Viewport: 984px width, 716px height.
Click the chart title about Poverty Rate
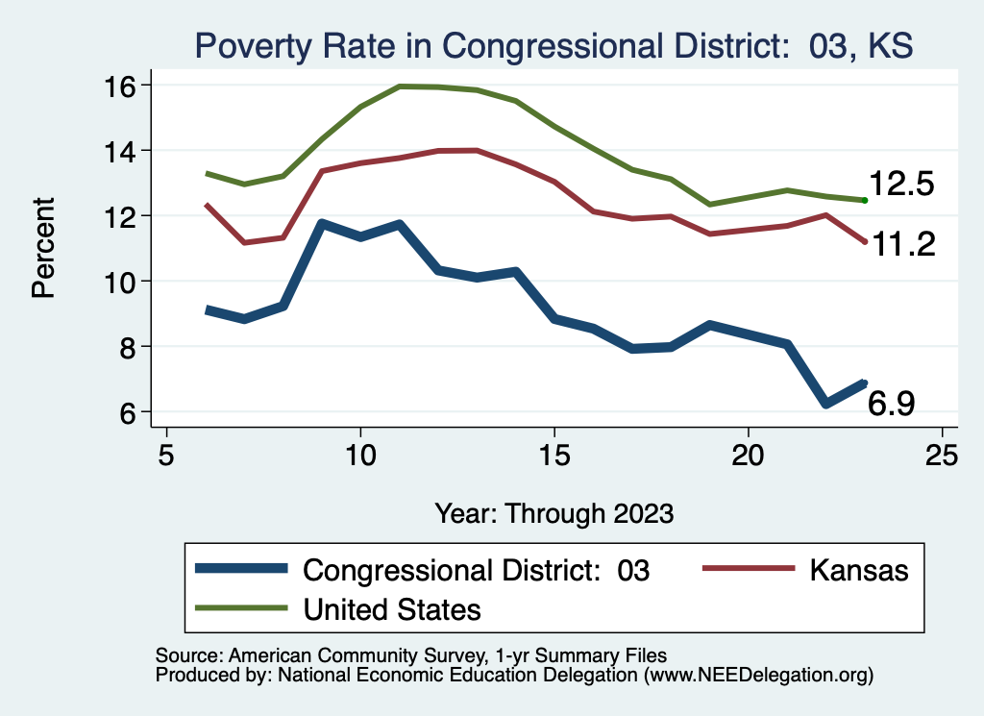click(x=553, y=45)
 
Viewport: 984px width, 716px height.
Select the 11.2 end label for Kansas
click(x=903, y=245)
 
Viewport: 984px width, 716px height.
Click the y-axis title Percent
click(x=43, y=248)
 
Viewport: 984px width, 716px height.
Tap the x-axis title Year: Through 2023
click(x=553, y=512)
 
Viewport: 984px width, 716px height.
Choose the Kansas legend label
click(x=858, y=570)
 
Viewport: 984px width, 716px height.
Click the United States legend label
click(x=392, y=609)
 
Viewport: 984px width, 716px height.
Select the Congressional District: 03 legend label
click(x=477, y=570)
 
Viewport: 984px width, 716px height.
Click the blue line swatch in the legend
click(x=240, y=569)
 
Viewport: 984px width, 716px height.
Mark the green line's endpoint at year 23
click(x=865, y=200)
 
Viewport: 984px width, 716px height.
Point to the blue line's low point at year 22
click(x=825, y=405)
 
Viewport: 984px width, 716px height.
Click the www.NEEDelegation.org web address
click(x=758, y=676)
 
